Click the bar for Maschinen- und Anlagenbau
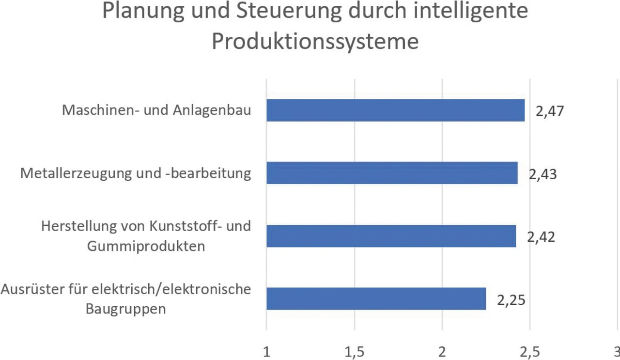[x=395, y=110]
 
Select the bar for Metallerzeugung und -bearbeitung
[x=392, y=173]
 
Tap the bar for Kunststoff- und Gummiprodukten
[x=391, y=236]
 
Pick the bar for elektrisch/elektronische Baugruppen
[x=376, y=298]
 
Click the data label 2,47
[x=550, y=111]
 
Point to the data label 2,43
[x=543, y=174]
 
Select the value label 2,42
[x=541, y=237]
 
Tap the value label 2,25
[x=511, y=299]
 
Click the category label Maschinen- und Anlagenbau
[x=157, y=110]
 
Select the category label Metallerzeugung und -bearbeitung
[x=136, y=173]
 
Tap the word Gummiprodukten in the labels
[x=146, y=246]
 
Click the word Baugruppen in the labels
[x=125, y=309]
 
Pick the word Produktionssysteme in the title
[x=315, y=41]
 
